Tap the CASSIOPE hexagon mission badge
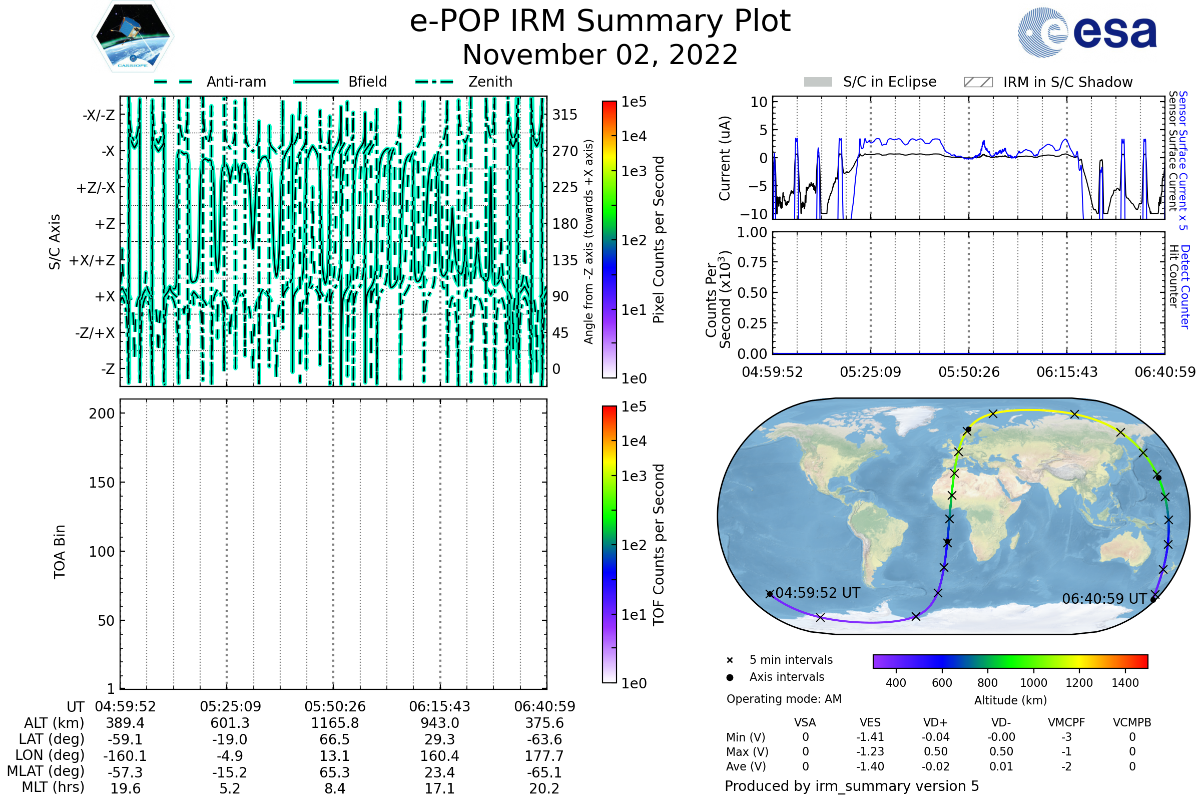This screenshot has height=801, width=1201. tap(133, 36)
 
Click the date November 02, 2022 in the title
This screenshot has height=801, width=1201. tap(600, 55)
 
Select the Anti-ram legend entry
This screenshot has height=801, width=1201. tap(236, 82)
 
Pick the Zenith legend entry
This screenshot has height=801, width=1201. tap(490, 82)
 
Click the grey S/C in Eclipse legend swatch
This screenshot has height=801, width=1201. tap(818, 82)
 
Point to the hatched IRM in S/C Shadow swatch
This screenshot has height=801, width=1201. tap(978, 82)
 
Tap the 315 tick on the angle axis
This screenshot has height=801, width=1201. tap(565, 115)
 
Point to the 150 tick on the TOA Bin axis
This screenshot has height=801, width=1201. tap(102, 483)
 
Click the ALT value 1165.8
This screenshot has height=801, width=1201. tap(334, 723)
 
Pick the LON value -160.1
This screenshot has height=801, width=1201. tap(125, 756)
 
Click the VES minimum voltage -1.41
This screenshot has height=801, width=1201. tap(870, 737)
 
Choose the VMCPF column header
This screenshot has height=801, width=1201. tap(1066, 723)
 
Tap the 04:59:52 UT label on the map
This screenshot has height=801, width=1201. tap(818, 593)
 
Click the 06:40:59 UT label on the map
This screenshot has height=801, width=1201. tap(1104, 599)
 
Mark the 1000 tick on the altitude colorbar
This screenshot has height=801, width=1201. tap(1033, 683)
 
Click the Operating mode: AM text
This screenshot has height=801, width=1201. tap(784, 699)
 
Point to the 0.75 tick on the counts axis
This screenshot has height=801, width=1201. tap(752, 262)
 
